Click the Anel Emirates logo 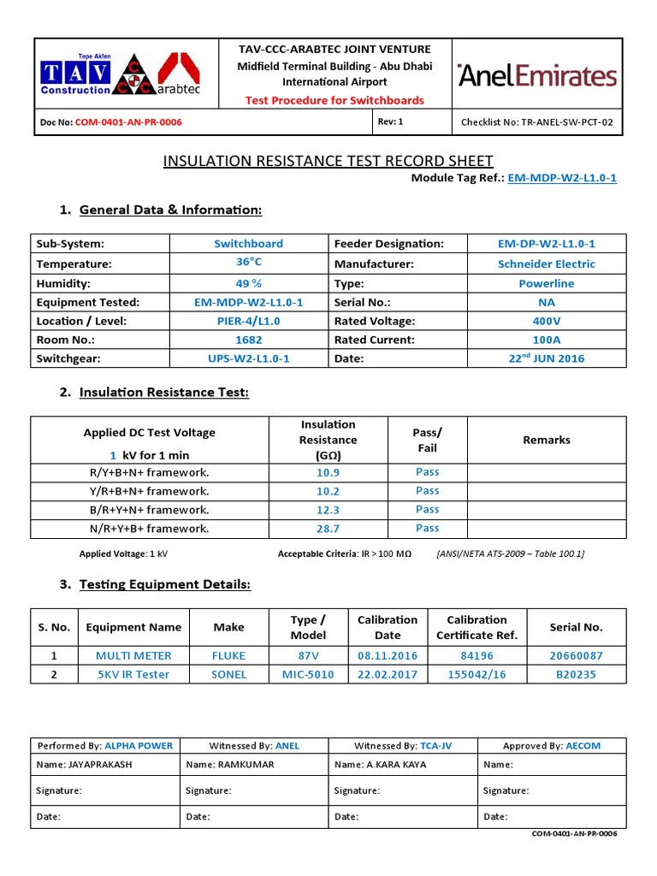click(537, 75)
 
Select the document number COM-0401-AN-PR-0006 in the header click(128, 122)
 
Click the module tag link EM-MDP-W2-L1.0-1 click(562, 178)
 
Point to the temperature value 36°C click(249, 263)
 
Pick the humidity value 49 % click(249, 283)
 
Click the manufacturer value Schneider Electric click(547, 264)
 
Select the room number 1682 click(249, 340)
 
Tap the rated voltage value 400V click(547, 321)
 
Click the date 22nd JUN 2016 click(547, 358)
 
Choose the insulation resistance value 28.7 click(328, 529)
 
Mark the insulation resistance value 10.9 click(328, 472)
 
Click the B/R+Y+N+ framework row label click(150, 510)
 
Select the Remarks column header click(547, 440)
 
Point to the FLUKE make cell click(228, 656)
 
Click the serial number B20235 click(576, 675)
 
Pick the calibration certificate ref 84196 click(476, 656)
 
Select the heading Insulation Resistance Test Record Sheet click(328, 161)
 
